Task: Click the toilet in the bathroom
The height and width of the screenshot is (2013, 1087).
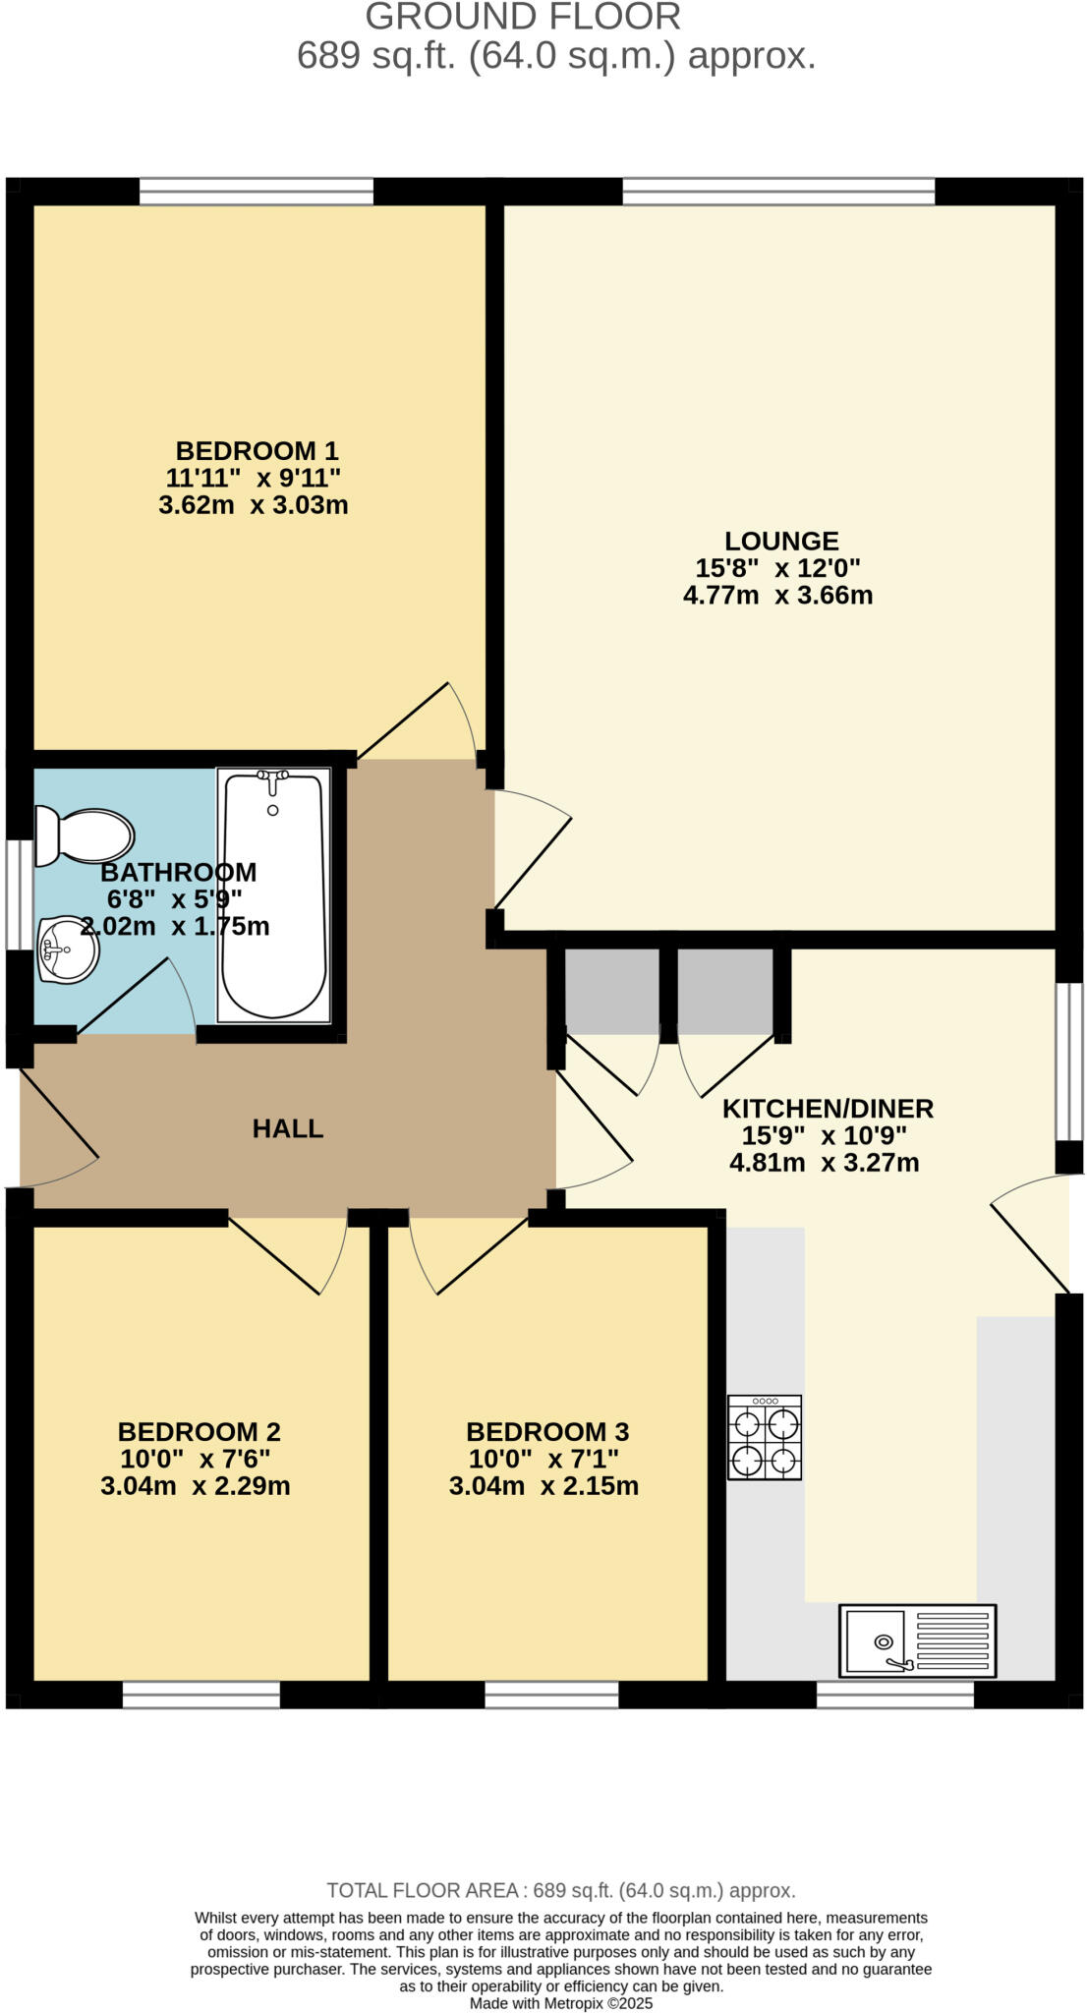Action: (86, 836)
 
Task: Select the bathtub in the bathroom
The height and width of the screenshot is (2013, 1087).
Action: (273, 894)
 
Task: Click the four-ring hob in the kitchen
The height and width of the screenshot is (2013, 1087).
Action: (765, 1437)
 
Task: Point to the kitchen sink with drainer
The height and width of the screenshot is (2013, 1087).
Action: (917, 1641)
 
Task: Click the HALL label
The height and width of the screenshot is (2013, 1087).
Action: (288, 1128)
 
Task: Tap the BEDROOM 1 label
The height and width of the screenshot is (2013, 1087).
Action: (257, 451)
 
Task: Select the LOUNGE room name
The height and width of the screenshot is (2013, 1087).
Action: (781, 541)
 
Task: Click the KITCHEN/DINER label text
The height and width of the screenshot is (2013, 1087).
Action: (828, 1109)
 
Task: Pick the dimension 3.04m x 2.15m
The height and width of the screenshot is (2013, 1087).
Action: (543, 1485)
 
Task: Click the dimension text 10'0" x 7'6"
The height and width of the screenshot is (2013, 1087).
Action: (196, 1459)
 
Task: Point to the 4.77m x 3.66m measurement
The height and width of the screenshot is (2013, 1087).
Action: (777, 595)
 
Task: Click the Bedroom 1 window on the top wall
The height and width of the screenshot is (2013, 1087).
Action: (257, 191)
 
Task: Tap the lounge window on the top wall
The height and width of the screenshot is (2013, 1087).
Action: (778, 191)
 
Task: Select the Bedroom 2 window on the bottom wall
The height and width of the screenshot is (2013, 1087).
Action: (201, 1695)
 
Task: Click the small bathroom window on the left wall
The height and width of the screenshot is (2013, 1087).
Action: (19, 894)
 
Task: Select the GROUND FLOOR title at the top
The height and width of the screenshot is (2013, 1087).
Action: (523, 17)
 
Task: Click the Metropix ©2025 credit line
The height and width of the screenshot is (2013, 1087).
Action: (560, 2003)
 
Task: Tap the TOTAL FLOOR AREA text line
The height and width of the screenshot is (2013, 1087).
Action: (560, 1890)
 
